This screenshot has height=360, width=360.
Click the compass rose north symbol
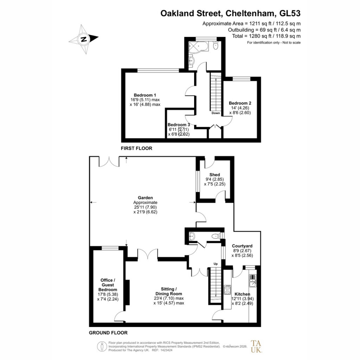point(84,39)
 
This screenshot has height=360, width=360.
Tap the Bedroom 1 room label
point(145,95)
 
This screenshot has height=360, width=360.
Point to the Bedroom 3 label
point(179,125)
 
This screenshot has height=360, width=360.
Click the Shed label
point(215,175)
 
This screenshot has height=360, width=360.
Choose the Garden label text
point(145,198)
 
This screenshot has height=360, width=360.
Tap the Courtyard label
point(242,246)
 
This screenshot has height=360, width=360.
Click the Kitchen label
point(242,294)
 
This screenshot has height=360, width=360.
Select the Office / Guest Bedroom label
point(108,285)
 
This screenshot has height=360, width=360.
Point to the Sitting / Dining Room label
point(169,291)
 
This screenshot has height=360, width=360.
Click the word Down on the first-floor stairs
point(216,113)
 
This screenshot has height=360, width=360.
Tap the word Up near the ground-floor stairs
point(216,264)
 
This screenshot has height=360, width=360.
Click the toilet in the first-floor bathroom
point(216,46)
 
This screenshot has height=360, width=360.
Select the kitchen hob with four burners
point(227,290)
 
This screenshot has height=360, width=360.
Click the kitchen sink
point(253,281)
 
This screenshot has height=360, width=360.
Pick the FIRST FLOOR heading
point(137,148)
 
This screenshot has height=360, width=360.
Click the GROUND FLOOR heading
point(108,333)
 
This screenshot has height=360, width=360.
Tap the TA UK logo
point(256,346)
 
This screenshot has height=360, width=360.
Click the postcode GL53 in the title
point(290,13)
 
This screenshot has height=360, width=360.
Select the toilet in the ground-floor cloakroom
point(216,236)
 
